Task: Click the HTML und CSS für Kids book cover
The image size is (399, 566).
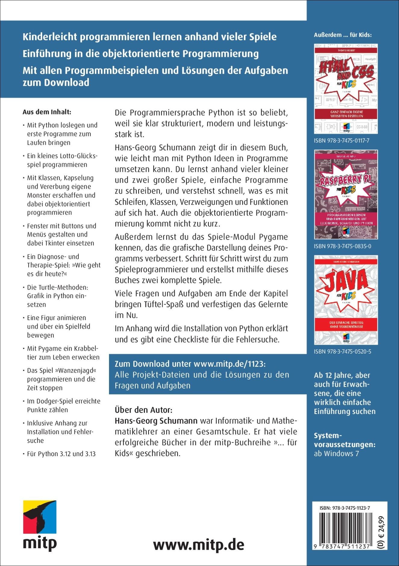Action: [346, 89]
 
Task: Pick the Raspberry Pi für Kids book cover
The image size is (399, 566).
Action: [346, 194]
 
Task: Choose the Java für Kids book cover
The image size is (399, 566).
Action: [346, 300]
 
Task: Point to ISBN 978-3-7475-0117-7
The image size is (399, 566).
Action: [341, 141]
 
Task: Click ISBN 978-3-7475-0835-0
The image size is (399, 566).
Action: [342, 246]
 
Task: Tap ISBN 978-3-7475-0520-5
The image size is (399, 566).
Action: [342, 351]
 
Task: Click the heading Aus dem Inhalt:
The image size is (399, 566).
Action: [47, 112]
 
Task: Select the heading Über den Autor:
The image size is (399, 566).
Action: [144, 410]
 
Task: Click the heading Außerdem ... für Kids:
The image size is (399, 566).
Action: [343, 35]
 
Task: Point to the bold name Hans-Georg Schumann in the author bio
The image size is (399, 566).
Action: [156, 421]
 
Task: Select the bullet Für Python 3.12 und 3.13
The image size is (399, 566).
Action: [61, 454]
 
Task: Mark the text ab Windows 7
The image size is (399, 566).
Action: [336, 453]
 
